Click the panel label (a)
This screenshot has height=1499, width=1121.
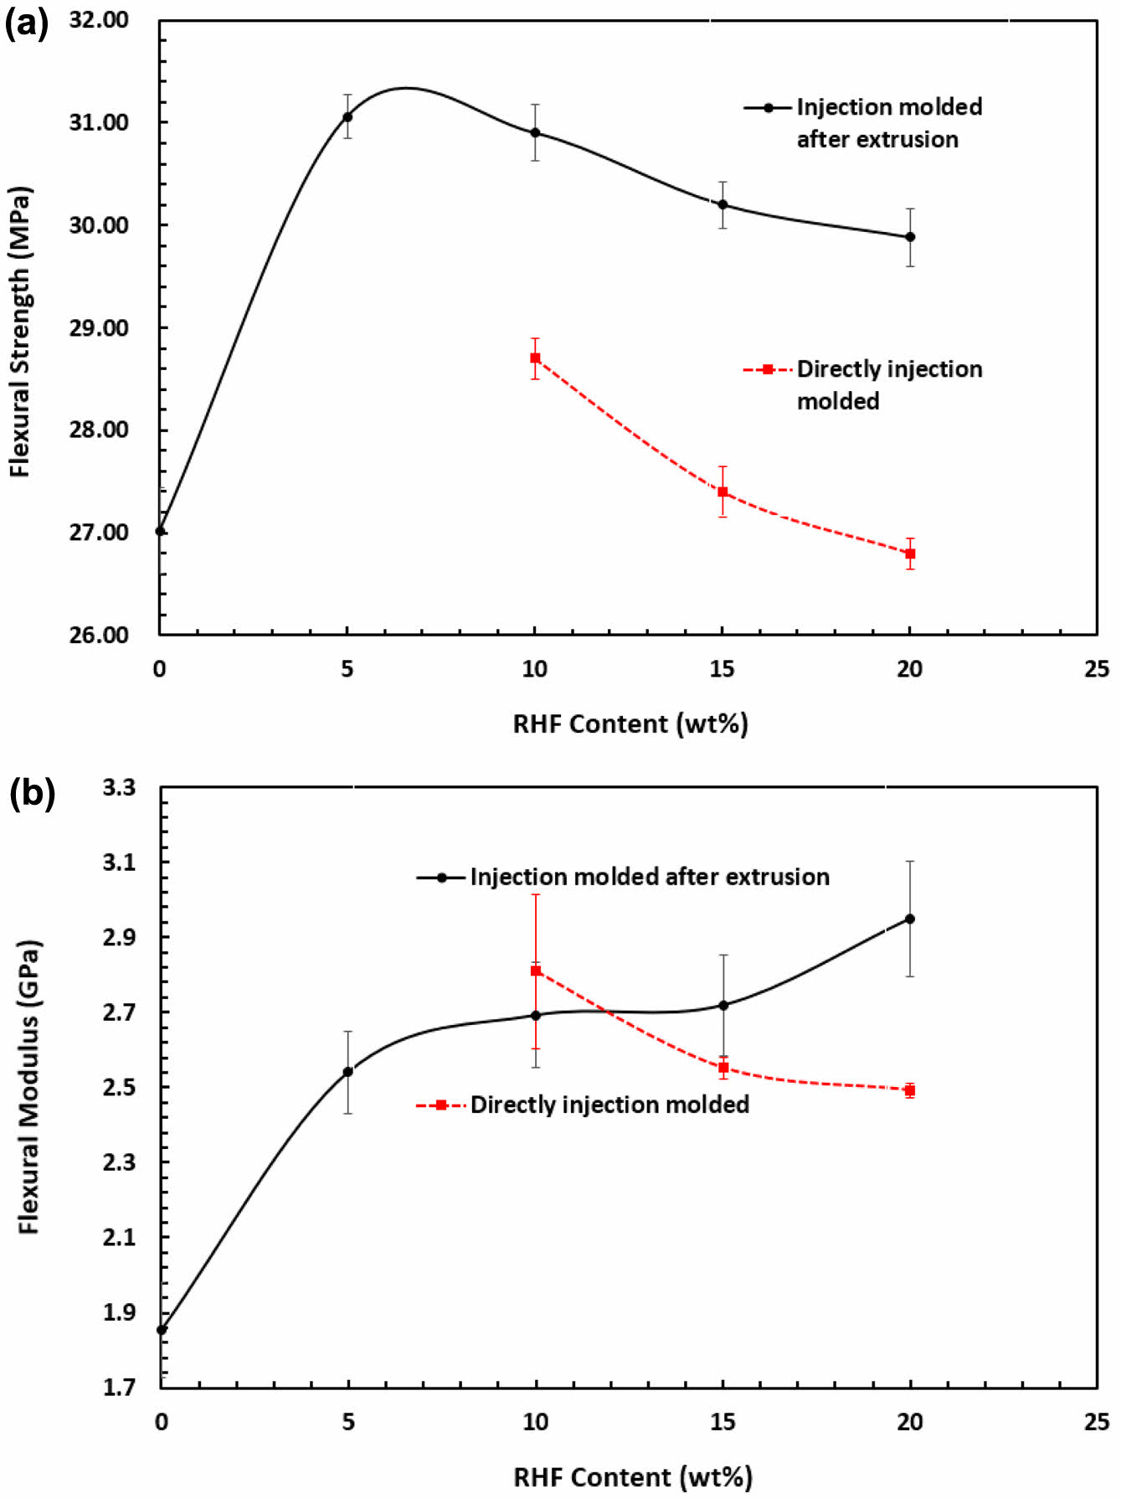click(27, 24)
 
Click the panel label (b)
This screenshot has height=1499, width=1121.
click(32, 792)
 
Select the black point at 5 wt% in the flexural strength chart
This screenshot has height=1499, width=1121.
click(347, 116)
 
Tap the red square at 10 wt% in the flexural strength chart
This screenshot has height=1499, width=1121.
click(535, 358)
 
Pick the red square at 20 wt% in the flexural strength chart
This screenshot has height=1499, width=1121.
click(910, 554)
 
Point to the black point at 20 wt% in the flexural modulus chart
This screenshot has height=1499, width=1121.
click(910, 919)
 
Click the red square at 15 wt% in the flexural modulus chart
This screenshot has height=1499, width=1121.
click(723, 1068)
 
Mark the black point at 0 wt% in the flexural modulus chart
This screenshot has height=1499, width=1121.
click(162, 1329)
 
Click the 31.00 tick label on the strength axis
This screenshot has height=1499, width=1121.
click(99, 122)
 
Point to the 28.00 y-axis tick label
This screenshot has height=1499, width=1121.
click(99, 430)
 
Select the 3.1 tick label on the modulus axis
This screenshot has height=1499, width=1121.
click(119, 862)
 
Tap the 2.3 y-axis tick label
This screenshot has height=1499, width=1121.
click(119, 1162)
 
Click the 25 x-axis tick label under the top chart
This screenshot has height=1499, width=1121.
click(1096, 669)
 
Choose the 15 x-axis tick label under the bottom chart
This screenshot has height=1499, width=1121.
click(722, 1421)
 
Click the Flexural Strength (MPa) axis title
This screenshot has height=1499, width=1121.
click(20, 331)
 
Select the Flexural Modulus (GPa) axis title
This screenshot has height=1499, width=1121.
click(29, 1086)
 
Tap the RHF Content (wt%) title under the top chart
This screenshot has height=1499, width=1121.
click(630, 724)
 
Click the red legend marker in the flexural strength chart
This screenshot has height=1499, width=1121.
click(768, 369)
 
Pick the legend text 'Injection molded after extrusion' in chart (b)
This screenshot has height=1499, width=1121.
click(650, 877)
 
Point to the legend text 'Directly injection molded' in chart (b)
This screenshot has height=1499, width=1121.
click(609, 1105)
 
